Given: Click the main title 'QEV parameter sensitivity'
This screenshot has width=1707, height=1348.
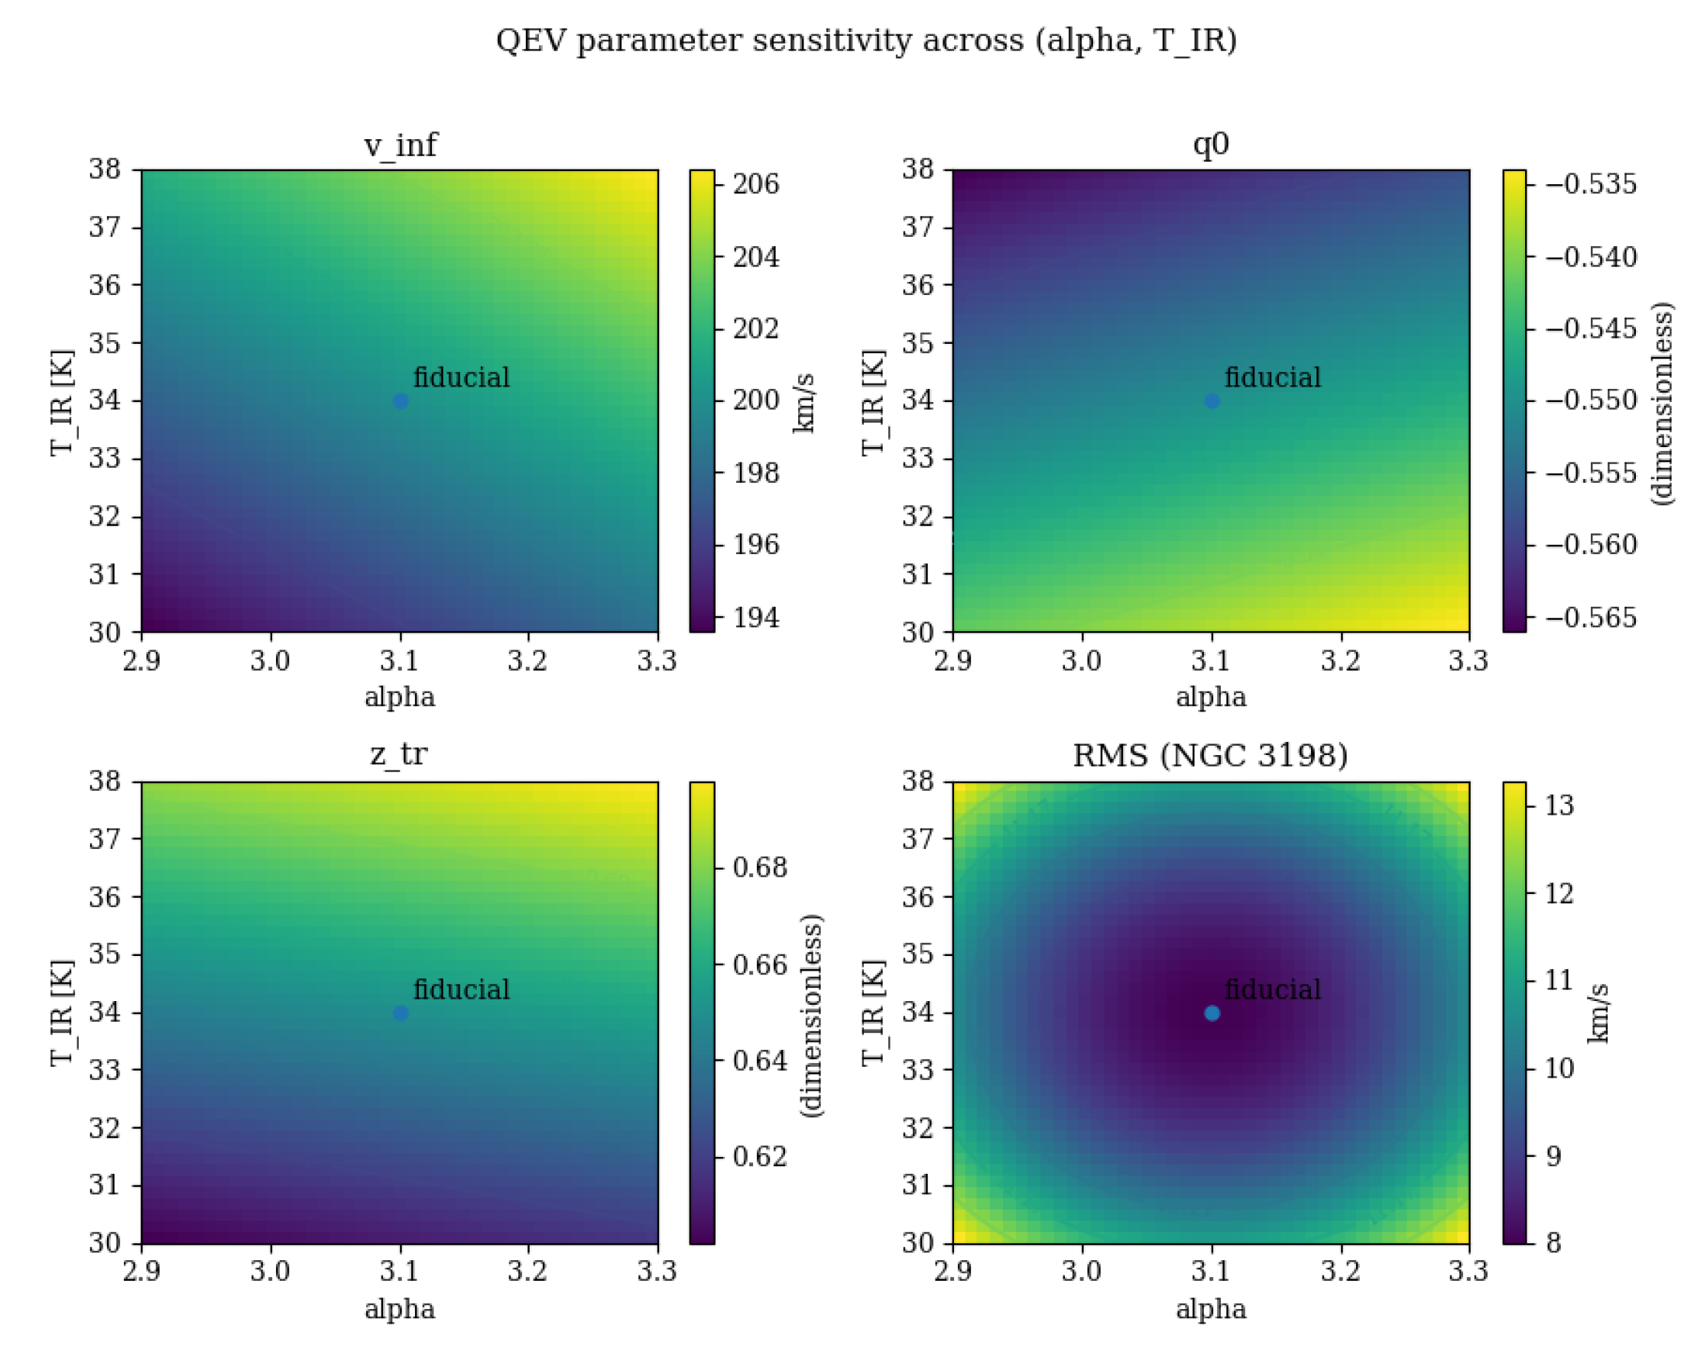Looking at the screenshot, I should coord(865,41).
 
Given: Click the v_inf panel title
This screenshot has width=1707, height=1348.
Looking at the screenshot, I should coord(400,145).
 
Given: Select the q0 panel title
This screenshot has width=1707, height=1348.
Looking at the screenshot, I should coord(1210,144).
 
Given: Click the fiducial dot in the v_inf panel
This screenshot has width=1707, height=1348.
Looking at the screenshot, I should coord(401,401).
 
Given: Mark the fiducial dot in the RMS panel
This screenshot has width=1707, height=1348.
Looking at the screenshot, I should coord(1212,1013).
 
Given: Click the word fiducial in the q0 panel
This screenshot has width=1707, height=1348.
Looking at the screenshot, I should coord(1272,378).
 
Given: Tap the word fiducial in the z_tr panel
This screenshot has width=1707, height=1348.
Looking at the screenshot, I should coord(461,989).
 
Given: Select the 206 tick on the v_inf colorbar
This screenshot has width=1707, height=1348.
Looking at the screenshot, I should coord(755,184).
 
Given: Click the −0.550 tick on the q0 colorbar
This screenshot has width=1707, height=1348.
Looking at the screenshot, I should coord(1590,400).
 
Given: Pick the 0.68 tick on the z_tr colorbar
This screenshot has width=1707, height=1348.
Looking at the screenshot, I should coord(759,867).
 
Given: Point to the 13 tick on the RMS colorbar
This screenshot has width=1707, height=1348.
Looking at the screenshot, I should coord(1553,805).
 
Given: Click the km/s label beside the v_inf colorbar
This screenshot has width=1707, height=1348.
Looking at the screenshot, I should coord(803,403).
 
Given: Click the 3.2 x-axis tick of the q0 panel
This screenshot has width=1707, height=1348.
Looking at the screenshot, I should coord(1340,659).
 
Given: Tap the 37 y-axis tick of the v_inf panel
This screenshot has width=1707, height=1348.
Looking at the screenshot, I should coord(104,227).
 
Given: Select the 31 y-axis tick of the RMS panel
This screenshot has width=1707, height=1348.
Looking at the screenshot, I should coord(917,1184).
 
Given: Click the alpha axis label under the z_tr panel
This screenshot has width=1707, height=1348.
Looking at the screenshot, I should coord(400,1308).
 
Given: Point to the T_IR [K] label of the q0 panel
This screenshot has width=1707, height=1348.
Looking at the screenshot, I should coord(872,403).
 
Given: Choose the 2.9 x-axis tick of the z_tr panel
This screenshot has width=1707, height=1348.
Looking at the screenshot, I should coord(142,1271).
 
